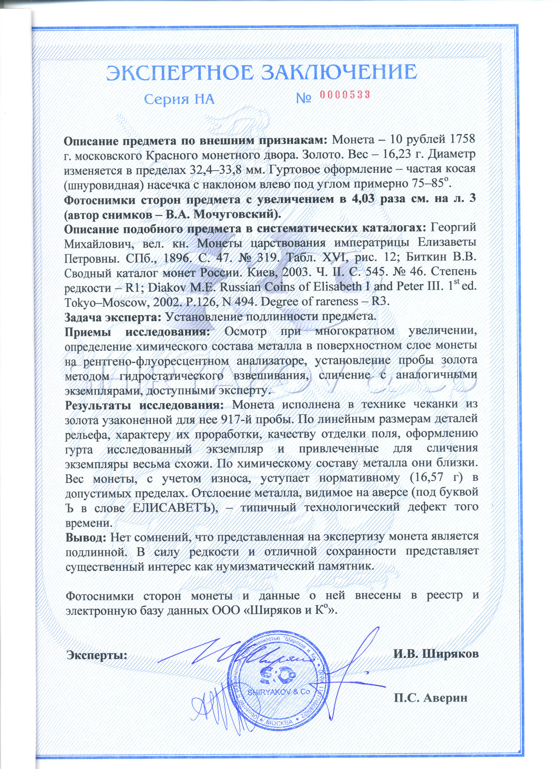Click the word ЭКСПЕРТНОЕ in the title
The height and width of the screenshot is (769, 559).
tap(180, 73)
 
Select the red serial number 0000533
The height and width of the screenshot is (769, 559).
tap(345, 95)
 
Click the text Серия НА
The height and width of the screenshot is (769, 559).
tap(179, 100)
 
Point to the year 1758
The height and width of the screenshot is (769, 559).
tap(462, 139)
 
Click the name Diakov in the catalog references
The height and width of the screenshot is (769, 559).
tap(169, 287)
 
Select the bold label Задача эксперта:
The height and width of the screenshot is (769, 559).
tap(113, 317)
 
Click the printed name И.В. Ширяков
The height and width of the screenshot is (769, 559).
tap(436, 654)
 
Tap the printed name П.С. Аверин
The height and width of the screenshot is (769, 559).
tap(431, 698)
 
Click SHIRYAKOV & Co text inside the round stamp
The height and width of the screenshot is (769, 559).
tap(278, 692)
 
